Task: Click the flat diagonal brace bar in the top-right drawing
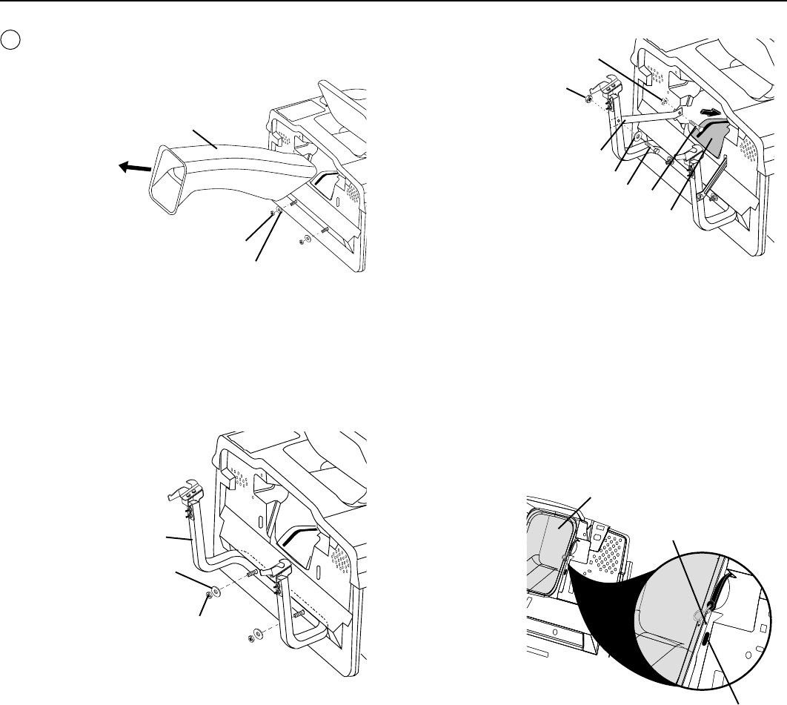pos(650,117)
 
